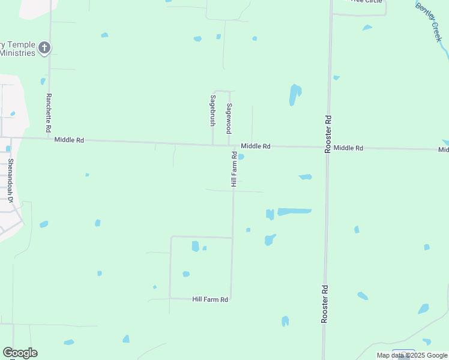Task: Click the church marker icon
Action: point(44,48)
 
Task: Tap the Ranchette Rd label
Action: point(49,113)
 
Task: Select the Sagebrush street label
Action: point(212,110)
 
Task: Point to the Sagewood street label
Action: point(229,118)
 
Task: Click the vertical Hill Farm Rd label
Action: point(234,169)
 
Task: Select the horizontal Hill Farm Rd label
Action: point(210,299)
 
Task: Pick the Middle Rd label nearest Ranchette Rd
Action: point(69,140)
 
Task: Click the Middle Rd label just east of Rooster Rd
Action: point(349,148)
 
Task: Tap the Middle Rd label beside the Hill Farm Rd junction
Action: point(256,146)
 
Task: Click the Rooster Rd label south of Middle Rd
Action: point(325,304)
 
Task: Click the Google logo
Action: point(20,353)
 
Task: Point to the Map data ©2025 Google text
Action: point(412,355)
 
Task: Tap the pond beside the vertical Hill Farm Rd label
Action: point(241,157)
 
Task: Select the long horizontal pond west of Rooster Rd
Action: point(294,211)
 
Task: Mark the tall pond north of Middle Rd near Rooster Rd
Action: point(295,94)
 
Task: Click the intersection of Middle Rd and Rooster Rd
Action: point(328,147)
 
